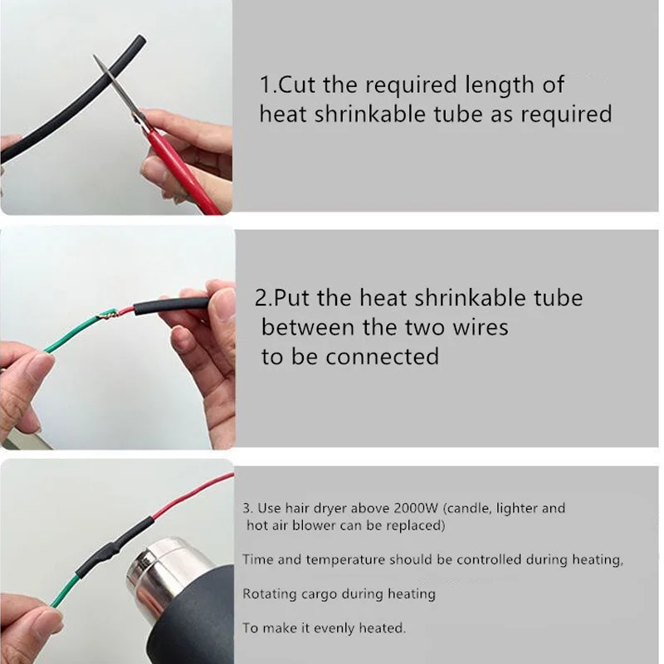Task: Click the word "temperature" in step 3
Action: click(x=344, y=560)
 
